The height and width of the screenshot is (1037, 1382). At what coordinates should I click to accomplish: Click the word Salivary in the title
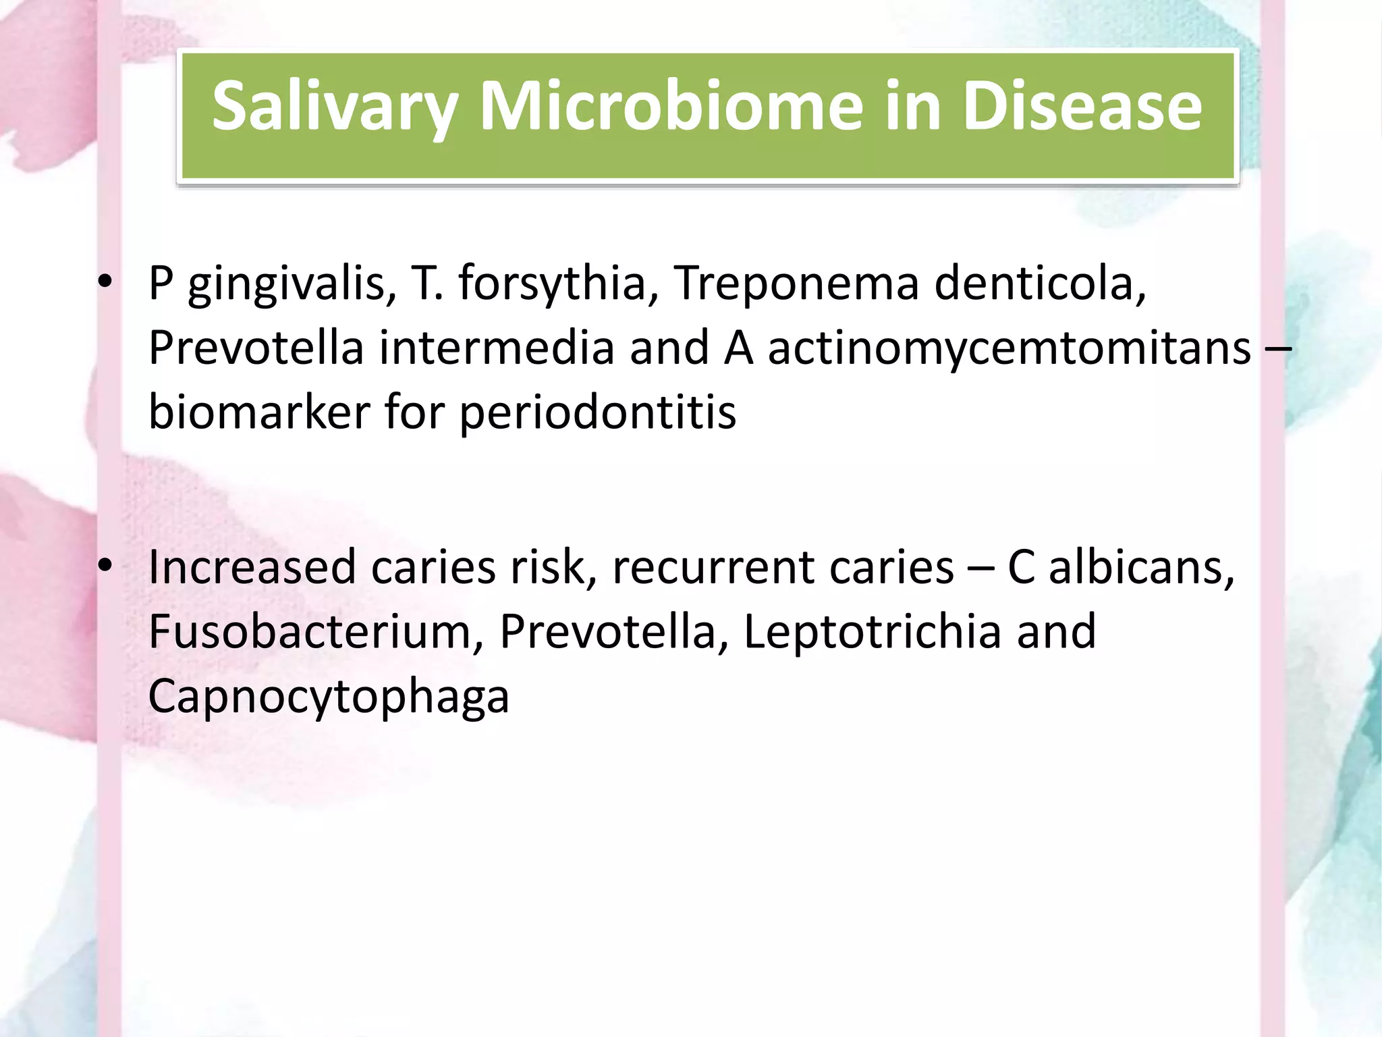pyautogui.click(x=335, y=107)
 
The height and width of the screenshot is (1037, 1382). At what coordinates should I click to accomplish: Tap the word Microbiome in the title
pyautogui.click(x=671, y=107)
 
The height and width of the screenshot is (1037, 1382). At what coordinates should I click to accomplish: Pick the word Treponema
pyautogui.click(x=796, y=284)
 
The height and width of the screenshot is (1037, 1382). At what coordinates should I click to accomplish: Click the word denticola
pyautogui.click(x=1040, y=284)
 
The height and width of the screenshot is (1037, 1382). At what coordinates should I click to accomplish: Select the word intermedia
pyautogui.click(x=496, y=348)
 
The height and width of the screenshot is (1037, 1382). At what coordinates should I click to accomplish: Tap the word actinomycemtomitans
pyautogui.click(x=1009, y=348)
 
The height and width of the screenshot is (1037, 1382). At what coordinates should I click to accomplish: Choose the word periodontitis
pyautogui.click(x=597, y=412)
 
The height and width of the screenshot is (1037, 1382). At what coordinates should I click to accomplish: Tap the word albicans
pyautogui.click(x=1141, y=567)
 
